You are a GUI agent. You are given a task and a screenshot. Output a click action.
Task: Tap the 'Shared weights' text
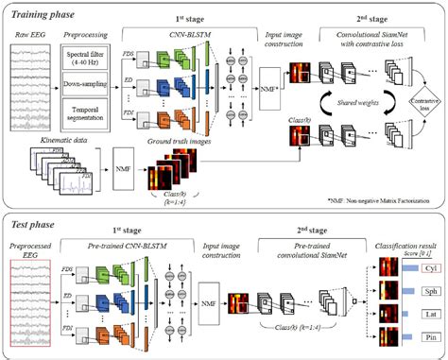coord(361,108)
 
